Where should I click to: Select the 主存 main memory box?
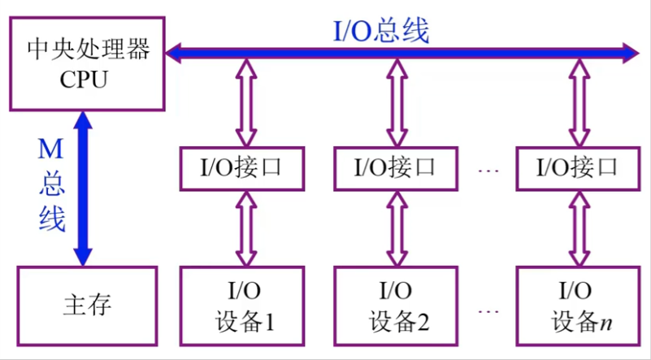pyautogui.click(x=86, y=306)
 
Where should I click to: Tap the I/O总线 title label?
pyautogui.click(x=382, y=31)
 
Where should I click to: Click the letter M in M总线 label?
pyautogui.click(x=52, y=148)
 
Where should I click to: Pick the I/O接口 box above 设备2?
pyautogui.click(x=396, y=168)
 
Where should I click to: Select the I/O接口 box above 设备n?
pyautogui.click(x=578, y=168)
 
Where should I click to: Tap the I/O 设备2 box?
pyautogui.click(x=396, y=306)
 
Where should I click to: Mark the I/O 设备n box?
pyautogui.click(x=578, y=306)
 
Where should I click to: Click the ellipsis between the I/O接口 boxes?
pyautogui.click(x=488, y=170)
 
